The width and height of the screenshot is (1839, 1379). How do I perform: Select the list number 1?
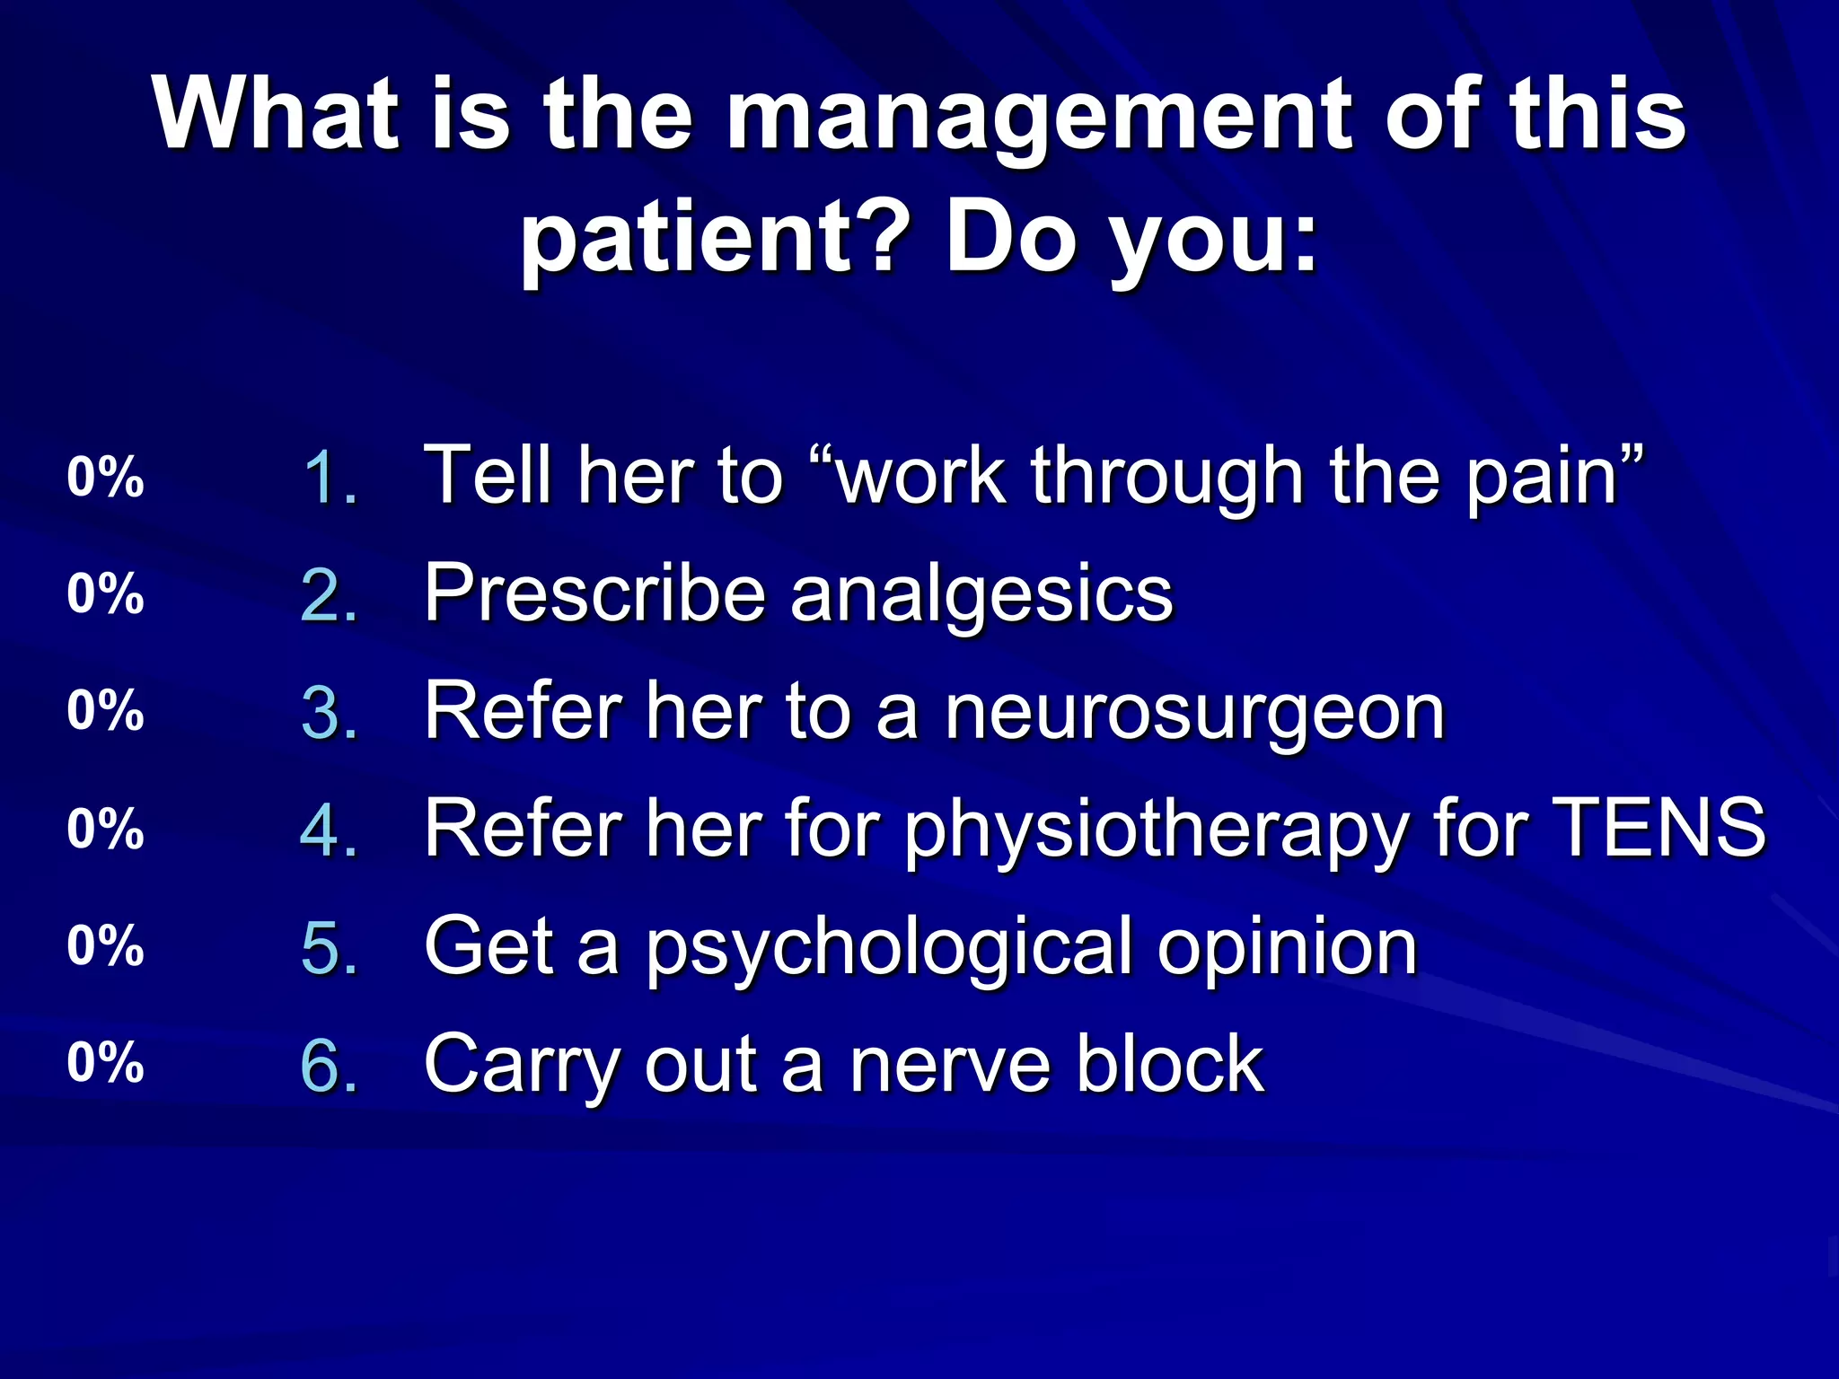point(329,477)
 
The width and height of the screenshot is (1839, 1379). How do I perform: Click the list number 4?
point(329,829)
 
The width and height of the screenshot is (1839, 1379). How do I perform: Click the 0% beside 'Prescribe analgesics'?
point(105,593)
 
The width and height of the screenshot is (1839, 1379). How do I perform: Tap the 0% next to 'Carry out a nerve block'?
point(105,1062)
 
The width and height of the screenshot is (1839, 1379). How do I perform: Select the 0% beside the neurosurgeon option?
point(105,710)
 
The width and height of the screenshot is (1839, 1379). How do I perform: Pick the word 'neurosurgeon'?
point(1194,712)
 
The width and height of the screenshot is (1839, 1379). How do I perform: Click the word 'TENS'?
point(1659,828)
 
